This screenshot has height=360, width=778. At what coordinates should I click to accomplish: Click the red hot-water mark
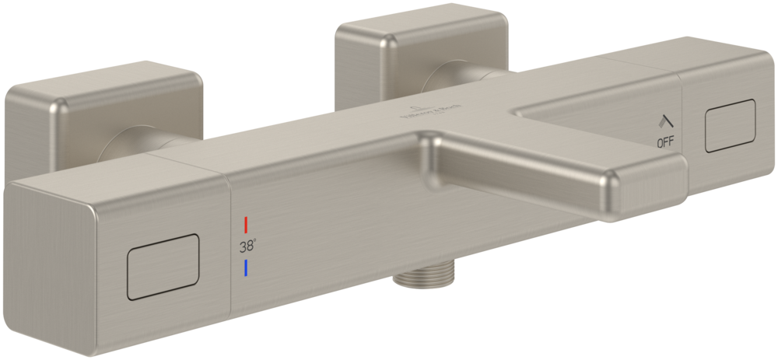click(246, 225)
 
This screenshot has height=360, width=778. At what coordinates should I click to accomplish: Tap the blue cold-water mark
click(246, 269)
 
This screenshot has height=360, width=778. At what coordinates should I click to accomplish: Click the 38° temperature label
click(248, 248)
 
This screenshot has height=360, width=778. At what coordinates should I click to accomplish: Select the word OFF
click(665, 142)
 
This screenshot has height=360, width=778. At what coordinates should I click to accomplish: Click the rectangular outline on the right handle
click(729, 125)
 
